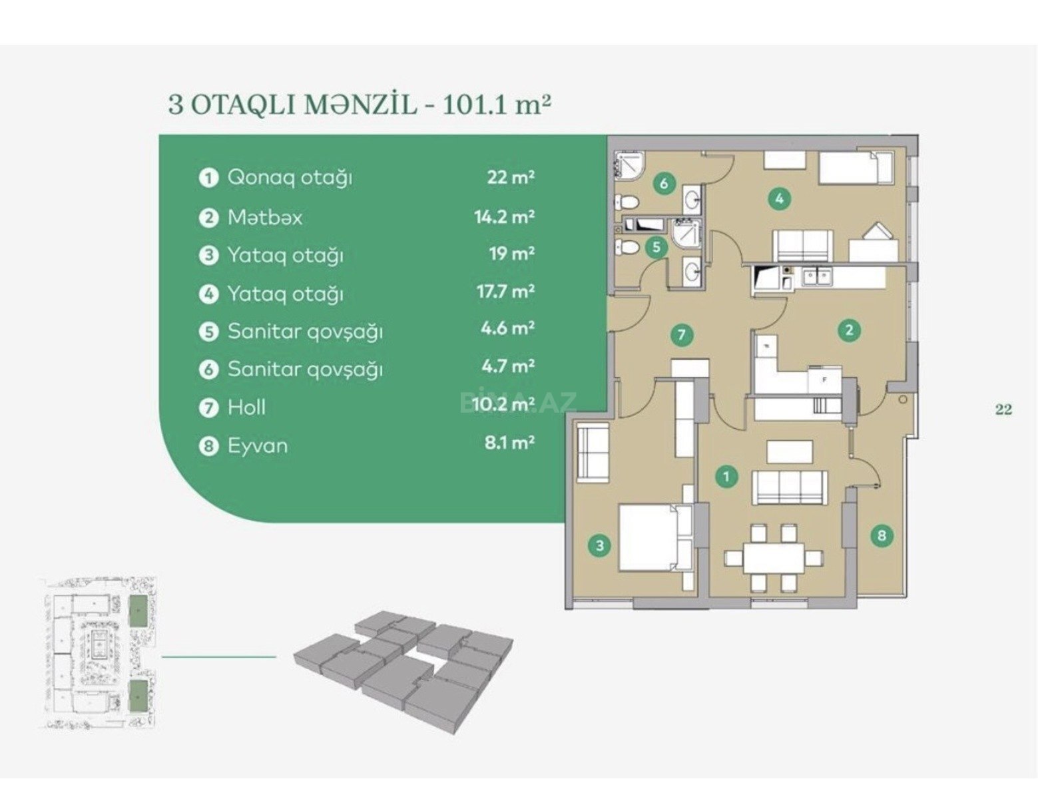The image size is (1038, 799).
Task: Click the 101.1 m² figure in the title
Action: pyautogui.click(x=497, y=105)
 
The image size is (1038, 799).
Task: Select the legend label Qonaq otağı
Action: pyautogui.click(x=290, y=178)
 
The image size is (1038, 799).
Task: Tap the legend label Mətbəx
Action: pyautogui.click(x=265, y=218)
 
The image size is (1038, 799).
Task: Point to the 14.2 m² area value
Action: pyautogui.click(x=505, y=217)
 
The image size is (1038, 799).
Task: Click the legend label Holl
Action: pyautogui.click(x=246, y=407)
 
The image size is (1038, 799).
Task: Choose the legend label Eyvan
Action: pyautogui.click(x=258, y=445)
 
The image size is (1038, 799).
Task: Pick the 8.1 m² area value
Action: pyautogui.click(x=510, y=443)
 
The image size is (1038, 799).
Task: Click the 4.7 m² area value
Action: pyautogui.click(x=508, y=366)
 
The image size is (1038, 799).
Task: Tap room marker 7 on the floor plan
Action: pyautogui.click(x=681, y=335)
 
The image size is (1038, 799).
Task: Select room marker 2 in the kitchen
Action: pyautogui.click(x=849, y=330)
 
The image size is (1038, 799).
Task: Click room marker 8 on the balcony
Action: pyautogui.click(x=882, y=535)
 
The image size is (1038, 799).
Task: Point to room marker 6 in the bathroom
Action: pyautogui.click(x=664, y=183)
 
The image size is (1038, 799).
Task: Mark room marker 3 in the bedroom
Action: pyautogui.click(x=600, y=545)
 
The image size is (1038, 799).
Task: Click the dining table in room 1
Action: pyautogui.click(x=774, y=557)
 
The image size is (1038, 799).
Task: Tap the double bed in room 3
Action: pyautogui.click(x=655, y=538)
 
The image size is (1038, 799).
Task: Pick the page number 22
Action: pyautogui.click(x=1003, y=409)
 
